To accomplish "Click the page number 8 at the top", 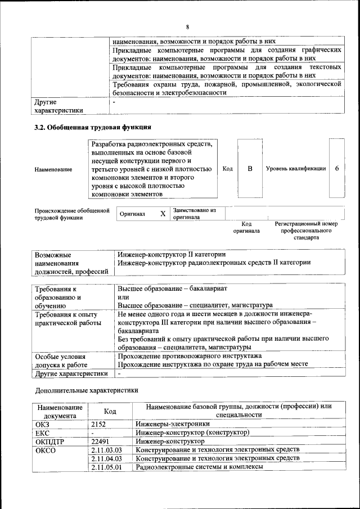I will click(x=187, y=26).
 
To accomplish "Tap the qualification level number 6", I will click(x=336, y=169).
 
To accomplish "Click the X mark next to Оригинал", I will click(x=163, y=214).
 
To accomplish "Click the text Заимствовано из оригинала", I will click(x=194, y=213).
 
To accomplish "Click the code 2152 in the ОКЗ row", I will click(x=99, y=424).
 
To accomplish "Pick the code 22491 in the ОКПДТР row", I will click(x=100, y=442).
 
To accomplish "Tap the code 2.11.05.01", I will click(x=106, y=467).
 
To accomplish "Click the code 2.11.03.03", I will click(x=106, y=450).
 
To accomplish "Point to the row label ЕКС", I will click(x=43, y=433).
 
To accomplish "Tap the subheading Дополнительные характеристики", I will click(x=86, y=390).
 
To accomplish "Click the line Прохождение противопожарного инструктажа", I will click(x=190, y=356).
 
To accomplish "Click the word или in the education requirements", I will click(x=124, y=297).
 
